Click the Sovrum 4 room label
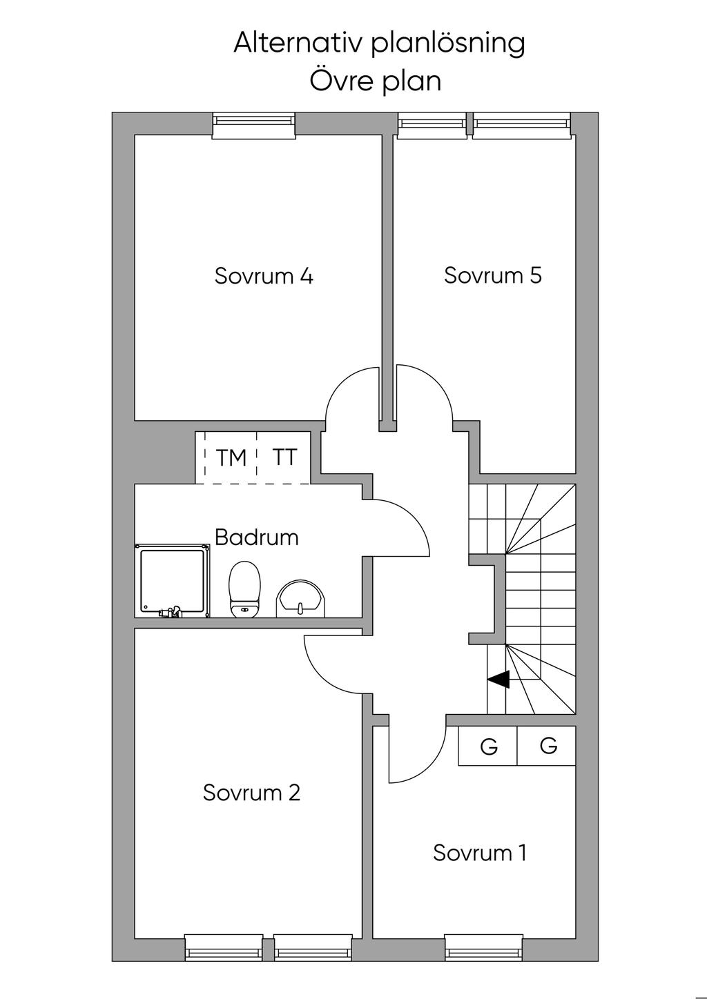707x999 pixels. click(264, 276)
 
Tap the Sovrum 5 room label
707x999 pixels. click(492, 275)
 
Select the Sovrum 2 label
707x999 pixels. click(251, 793)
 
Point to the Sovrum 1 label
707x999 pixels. click(479, 853)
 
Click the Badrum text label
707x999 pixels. click(256, 537)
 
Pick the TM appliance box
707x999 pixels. click(231, 457)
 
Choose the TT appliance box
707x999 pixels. click(284, 457)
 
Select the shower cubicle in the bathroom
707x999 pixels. click(173, 580)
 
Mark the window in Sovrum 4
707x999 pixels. click(253, 125)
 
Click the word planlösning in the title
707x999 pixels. click(448, 43)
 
